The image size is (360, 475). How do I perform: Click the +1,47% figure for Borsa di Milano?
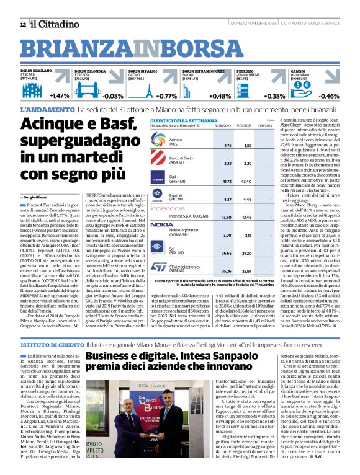pyautogui.click(x=60, y=97)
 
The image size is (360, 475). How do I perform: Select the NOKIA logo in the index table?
pyautogui.click(x=161, y=224)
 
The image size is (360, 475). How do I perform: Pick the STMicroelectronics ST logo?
pyautogui.click(x=159, y=267)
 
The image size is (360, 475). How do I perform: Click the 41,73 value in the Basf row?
pyautogui.click(x=210, y=181)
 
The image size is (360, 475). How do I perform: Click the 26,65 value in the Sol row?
pyautogui.click(x=210, y=253)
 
